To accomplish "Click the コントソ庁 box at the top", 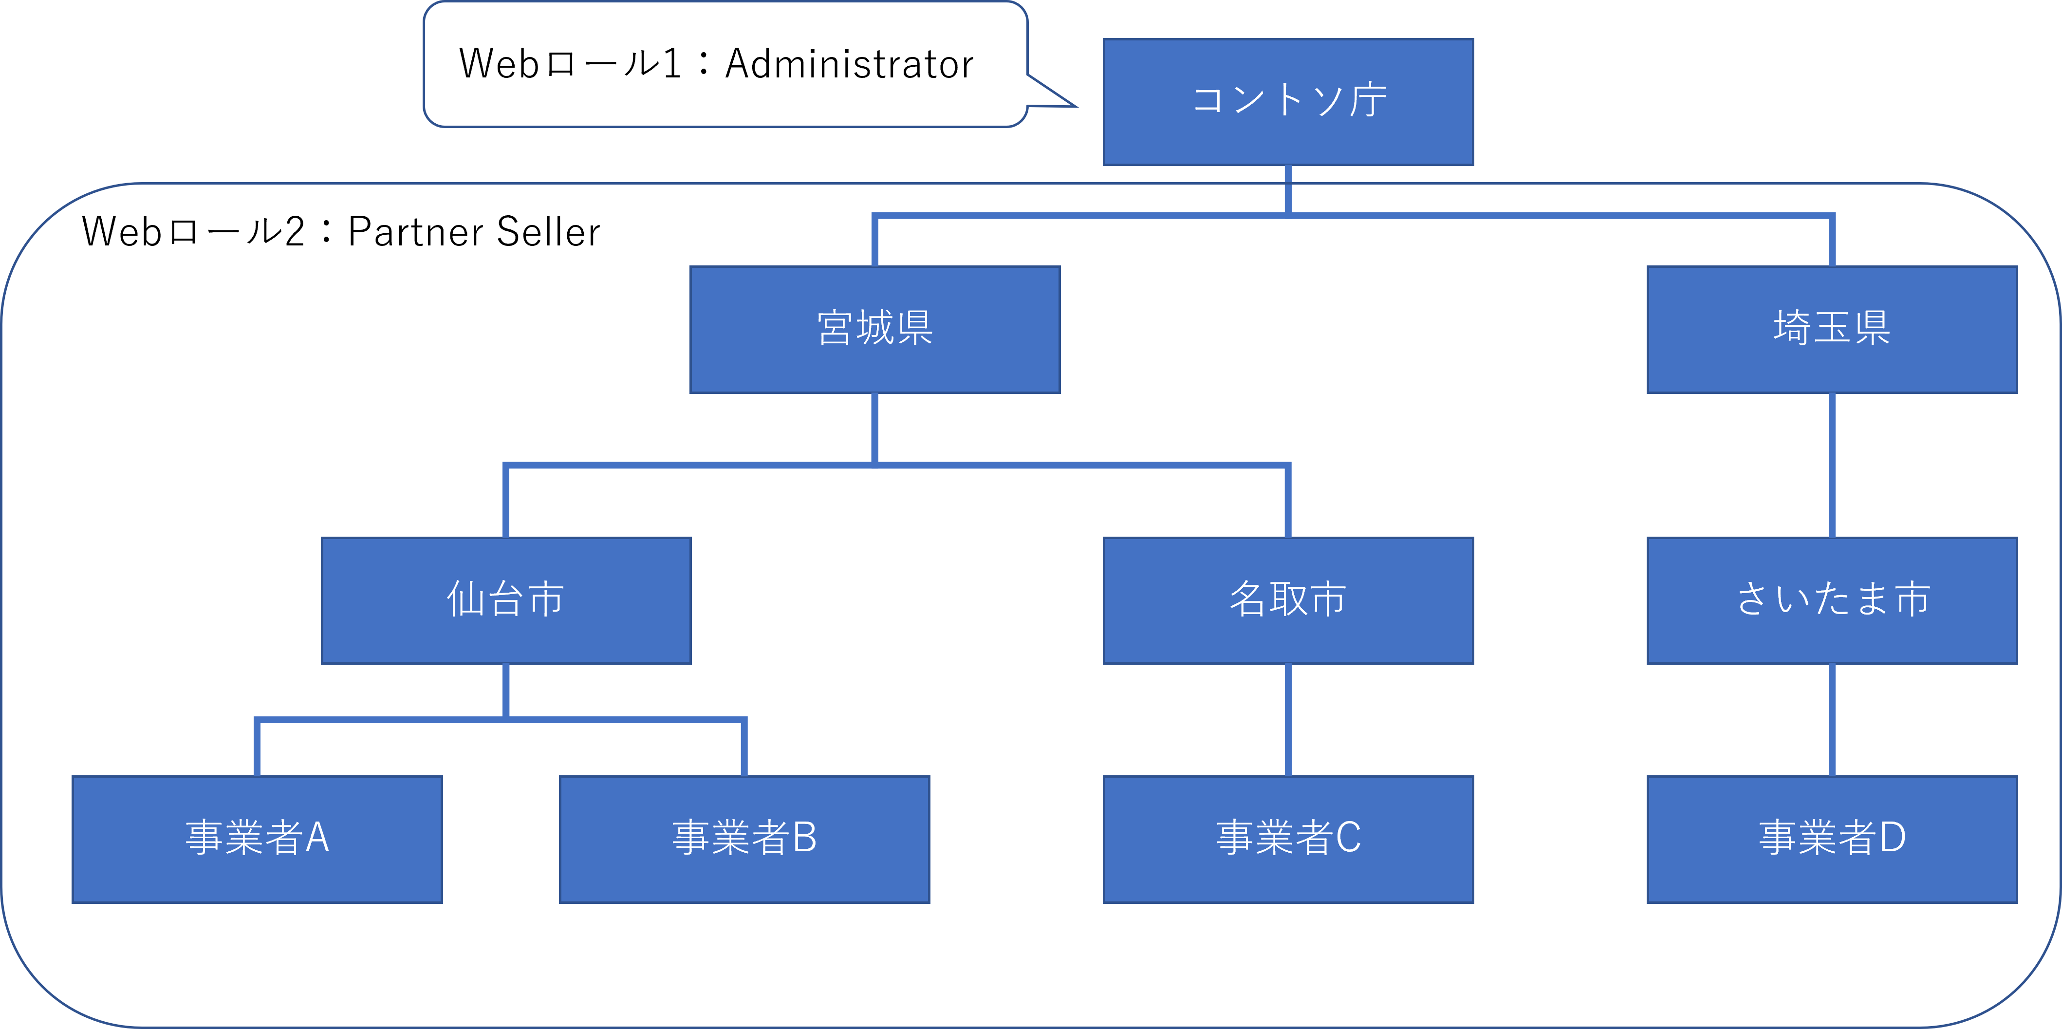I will coord(1288,102).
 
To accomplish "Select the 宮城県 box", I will coord(875,329).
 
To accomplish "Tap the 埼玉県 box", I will coord(1832,329).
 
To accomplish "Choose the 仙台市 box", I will coord(506,600).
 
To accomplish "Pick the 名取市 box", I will coord(1288,600).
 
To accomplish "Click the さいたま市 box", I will coord(1832,600).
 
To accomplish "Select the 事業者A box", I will coord(257,839).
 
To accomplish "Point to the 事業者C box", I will coord(1288,839).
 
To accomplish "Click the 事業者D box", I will coord(1832,839).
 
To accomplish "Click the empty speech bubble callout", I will coord(724,64).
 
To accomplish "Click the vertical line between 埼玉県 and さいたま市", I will coord(1832,465).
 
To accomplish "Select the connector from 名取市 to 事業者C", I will coord(1288,719).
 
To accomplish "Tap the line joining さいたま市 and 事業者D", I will coord(1832,719).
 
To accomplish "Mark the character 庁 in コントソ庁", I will coord(1368,101).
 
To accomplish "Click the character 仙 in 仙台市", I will coord(465,599).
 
